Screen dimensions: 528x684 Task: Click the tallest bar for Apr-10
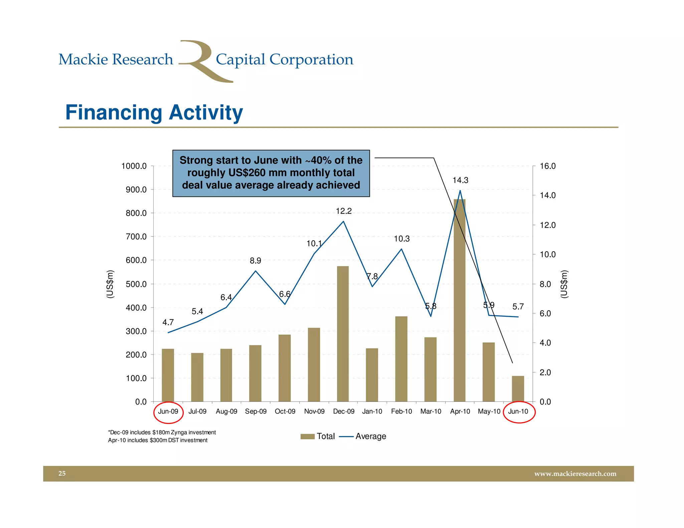(x=460, y=300)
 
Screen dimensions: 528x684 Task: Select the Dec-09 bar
(x=343, y=334)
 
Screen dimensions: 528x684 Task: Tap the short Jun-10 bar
(x=518, y=389)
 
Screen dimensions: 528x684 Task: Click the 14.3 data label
(x=460, y=181)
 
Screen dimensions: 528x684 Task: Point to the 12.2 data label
(x=344, y=211)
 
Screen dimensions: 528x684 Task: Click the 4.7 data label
(x=168, y=322)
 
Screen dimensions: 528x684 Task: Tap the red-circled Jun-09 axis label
(x=168, y=412)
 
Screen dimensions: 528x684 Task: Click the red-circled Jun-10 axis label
(x=518, y=412)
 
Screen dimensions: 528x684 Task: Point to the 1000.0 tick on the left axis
(x=134, y=166)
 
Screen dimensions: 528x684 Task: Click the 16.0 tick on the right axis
(x=548, y=166)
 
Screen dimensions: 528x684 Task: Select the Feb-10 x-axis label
(x=401, y=412)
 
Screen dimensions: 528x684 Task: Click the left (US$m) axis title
(x=110, y=284)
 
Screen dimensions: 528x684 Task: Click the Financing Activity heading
(x=154, y=112)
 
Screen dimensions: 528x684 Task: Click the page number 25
(x=62, y=473)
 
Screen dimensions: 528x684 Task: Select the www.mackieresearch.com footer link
(x=575, y=474)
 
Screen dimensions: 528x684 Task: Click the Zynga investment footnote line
(x=162, y=433)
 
